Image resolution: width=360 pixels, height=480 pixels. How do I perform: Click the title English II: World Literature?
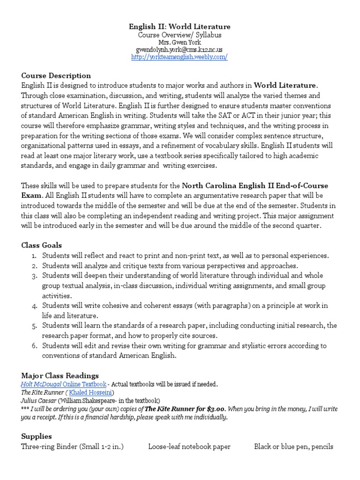pyautogui.click(x=180, y=27)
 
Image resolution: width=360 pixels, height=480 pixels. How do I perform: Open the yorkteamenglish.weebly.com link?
pyautogui.click(x=180, y=57)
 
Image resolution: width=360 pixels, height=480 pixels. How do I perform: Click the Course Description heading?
pyautogui.click(x=56, y=75)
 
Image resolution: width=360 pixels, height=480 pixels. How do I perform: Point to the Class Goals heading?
pyautogui.click(x=41, y=245)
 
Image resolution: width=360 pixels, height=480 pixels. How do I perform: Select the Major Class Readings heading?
pyautogui.click(x=60, y=375)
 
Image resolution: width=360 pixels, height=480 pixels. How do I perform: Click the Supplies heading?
pyautogui.click(x=37, y=436)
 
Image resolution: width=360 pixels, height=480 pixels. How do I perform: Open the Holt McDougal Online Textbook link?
pyautogui.click(x=63, y=384)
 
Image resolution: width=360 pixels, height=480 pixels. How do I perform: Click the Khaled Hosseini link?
pyautogui.click(x=91, y=392)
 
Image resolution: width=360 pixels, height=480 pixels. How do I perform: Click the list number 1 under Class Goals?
pyautogui.click(x=34, y=256)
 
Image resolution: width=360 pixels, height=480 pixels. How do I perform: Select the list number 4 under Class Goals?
pyautogui.click(x=34, y=306)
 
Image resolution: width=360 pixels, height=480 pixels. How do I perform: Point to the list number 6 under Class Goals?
pyautogui.click(x=34, y=346)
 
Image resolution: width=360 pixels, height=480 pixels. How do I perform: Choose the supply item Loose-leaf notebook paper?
pyautogui.click(x=189, y=447)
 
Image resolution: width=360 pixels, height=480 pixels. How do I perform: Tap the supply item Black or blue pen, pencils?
pyautogui.click(x=293, y=447)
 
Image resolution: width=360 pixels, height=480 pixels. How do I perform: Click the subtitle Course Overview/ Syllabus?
pyautogui.click(x=180, y=35)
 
